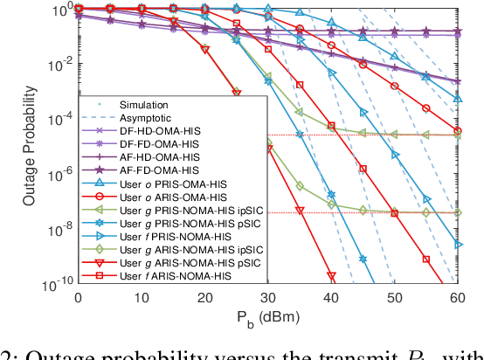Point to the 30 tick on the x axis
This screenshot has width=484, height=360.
coord(268,297)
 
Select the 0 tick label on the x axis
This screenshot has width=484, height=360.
coord(79,297)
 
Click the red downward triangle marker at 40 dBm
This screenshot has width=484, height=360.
coord(331,278)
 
